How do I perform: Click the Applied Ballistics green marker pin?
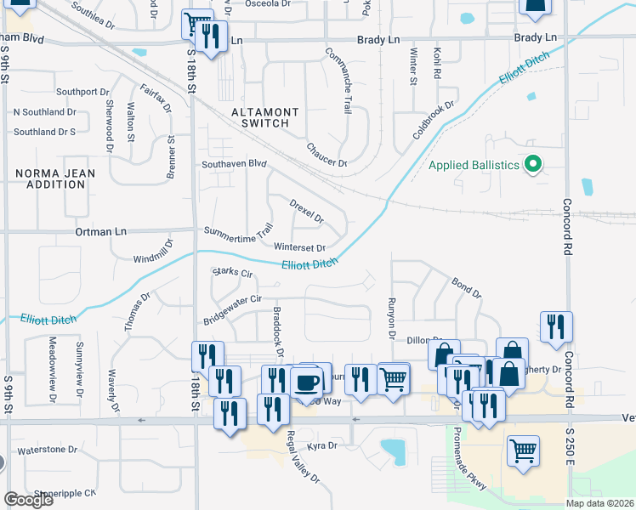[x=533, y=164]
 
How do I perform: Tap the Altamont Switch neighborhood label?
[x=265, y=117]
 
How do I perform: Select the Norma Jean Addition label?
[x=55, y=178]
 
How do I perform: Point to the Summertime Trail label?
[x=238, y=230]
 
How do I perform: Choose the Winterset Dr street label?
[x=300, y=248]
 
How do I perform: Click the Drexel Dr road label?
[x=307, y=212]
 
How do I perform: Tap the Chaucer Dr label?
[x=327, y=155]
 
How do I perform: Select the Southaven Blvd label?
[x=234, y=164]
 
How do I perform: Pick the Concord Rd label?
[x=566, y=227]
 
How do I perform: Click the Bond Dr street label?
[x=466, y=287]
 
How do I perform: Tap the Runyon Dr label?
[x=392, y=317]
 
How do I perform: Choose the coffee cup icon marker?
[x=306, y=380]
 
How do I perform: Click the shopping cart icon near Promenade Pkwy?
[x=523, y=449]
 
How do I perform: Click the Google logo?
[x=28, y=500]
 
